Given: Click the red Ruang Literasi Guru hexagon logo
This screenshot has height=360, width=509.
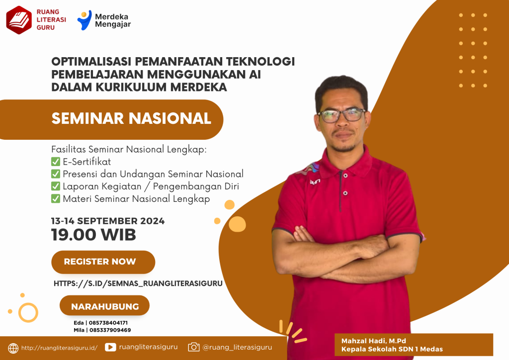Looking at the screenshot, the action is click(19, 20).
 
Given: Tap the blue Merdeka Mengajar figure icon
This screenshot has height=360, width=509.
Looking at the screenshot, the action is click(85, 20).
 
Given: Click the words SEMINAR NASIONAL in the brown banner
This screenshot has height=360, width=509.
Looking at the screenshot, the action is click(131, 118).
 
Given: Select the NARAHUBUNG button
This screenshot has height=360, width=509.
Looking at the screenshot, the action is click(104, 305).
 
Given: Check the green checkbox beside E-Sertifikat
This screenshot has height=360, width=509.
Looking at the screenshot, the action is click(56, 162).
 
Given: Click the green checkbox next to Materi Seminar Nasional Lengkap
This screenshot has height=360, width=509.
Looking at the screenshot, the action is click(56, 199).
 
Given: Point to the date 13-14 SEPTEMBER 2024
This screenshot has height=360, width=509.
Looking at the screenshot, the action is click(108, 221).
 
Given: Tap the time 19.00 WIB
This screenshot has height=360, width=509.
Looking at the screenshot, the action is click(93, 235).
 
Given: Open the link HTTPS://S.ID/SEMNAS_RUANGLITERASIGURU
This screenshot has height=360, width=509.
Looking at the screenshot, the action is click(138, 283).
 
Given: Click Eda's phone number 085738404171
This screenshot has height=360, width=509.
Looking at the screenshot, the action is click(108, 323).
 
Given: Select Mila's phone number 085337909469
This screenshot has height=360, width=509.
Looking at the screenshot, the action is click(110, 330).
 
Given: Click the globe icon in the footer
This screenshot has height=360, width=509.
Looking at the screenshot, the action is click(13, 348).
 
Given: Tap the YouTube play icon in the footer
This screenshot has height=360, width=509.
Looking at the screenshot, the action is click(110, 348).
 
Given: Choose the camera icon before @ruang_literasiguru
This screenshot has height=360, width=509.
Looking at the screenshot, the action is click(194, 347).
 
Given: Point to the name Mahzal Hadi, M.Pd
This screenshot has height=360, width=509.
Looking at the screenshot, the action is click(374, 341).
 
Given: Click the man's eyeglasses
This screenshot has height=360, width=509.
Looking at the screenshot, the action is click(342, 115).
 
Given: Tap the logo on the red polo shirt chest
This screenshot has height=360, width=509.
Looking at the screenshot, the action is click(315, 182).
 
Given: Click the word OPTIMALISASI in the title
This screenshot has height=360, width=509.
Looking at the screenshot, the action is click(91, 61).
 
